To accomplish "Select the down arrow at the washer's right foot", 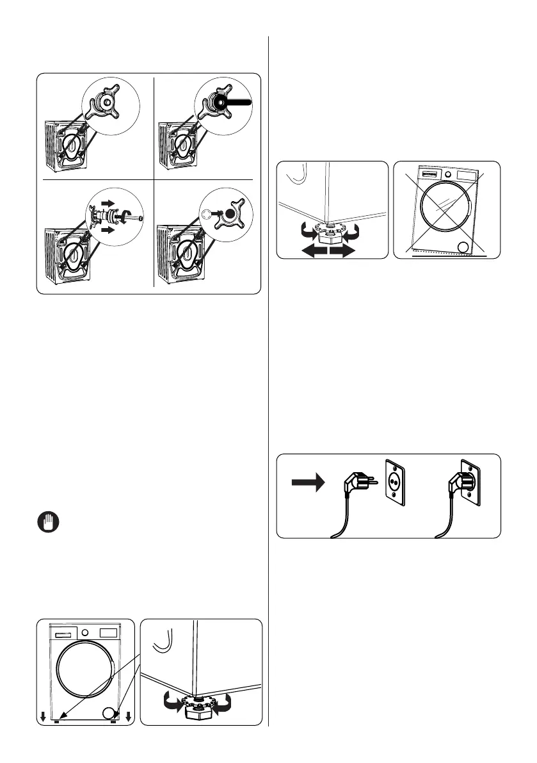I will pyautogui.click(x=129, y=716).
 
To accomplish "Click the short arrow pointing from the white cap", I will pyautogui.click(x=217, y=215).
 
